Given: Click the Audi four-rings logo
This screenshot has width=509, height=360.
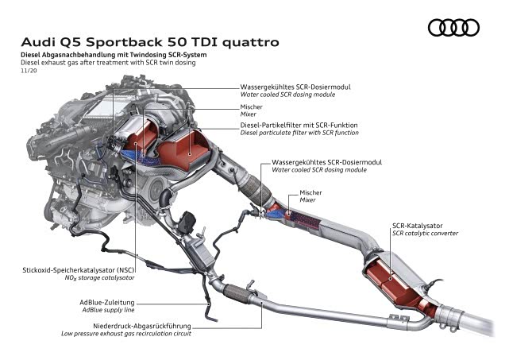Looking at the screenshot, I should click(x=453, y=29).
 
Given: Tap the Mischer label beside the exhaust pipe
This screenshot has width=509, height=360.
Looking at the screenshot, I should click(x=310, y=193).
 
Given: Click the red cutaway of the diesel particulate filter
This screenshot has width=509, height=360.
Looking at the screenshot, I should click(x=186, y=150).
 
